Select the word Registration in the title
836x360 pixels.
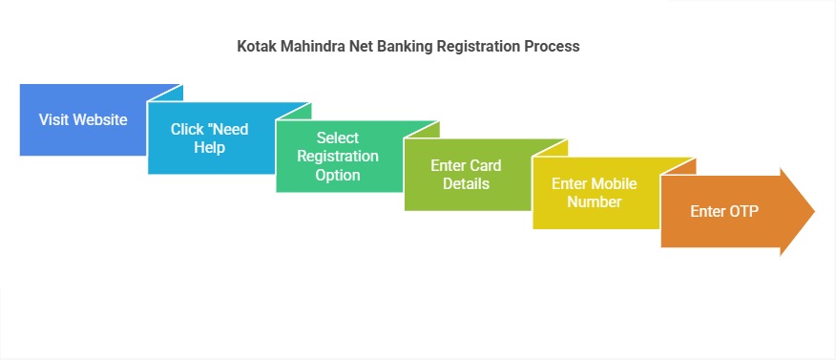tap(478, 46)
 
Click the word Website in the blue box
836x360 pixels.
tap(101, 120)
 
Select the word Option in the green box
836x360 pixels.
tap(338, 175)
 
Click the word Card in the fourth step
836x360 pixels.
tap(484, 166)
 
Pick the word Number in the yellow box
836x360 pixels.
tap(594, 202)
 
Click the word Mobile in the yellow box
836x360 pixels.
tap(614, 183)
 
